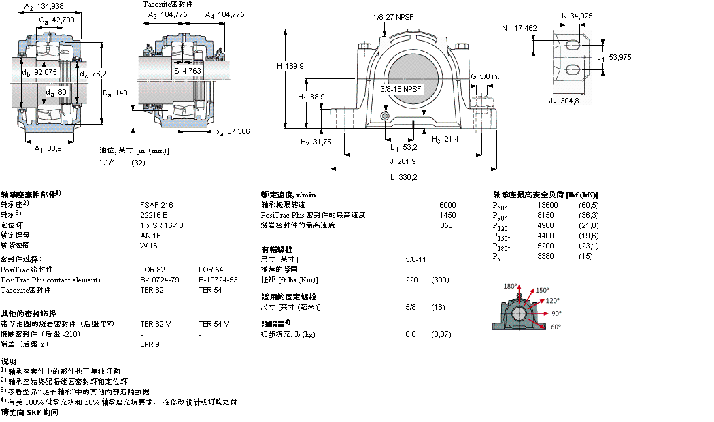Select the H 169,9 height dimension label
tap(290, 66)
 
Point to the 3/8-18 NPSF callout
tap(401, 89)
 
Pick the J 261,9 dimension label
tap(403, 161)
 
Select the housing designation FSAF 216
tap(156, 204)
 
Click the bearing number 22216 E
tap(154, 214)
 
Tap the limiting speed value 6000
tap(447, 204)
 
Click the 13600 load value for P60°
tap(547, 204)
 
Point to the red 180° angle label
tap(510, 286)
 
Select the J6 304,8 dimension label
tap(564, 101)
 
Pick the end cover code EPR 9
tap(150, 344)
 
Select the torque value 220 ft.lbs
tap(411, 280)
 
